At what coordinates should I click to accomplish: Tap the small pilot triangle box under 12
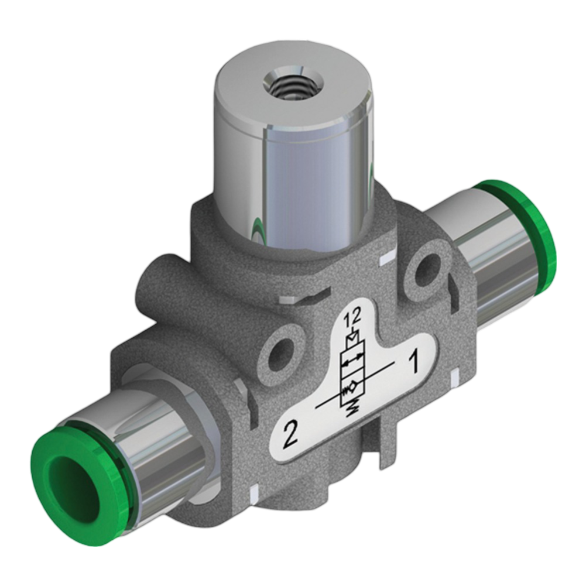pos(352,338)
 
